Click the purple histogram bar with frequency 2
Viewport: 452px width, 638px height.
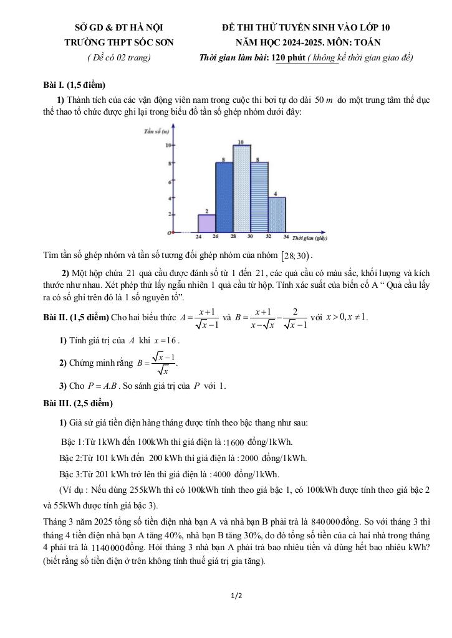coord(207,224)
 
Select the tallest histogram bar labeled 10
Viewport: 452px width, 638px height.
coord(242,189)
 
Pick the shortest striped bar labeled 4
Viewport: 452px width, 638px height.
coord(277,215)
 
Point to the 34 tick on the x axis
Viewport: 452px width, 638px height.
coord(286,237)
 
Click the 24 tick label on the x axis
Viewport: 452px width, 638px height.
coord(198,237)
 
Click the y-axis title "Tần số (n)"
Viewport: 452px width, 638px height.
coord(156,132)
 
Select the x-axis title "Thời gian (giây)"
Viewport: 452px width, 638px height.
coord(310,237)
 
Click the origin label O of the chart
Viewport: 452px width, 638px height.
coord(168,233)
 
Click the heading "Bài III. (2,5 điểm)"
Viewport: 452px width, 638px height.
coord(78,403)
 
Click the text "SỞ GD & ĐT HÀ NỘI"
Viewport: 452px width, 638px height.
coord(118,27)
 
